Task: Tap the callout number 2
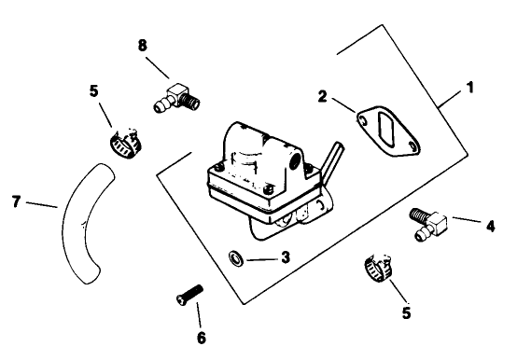322,96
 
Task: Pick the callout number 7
16,201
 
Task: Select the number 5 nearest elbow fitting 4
406,313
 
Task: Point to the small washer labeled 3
235,256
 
